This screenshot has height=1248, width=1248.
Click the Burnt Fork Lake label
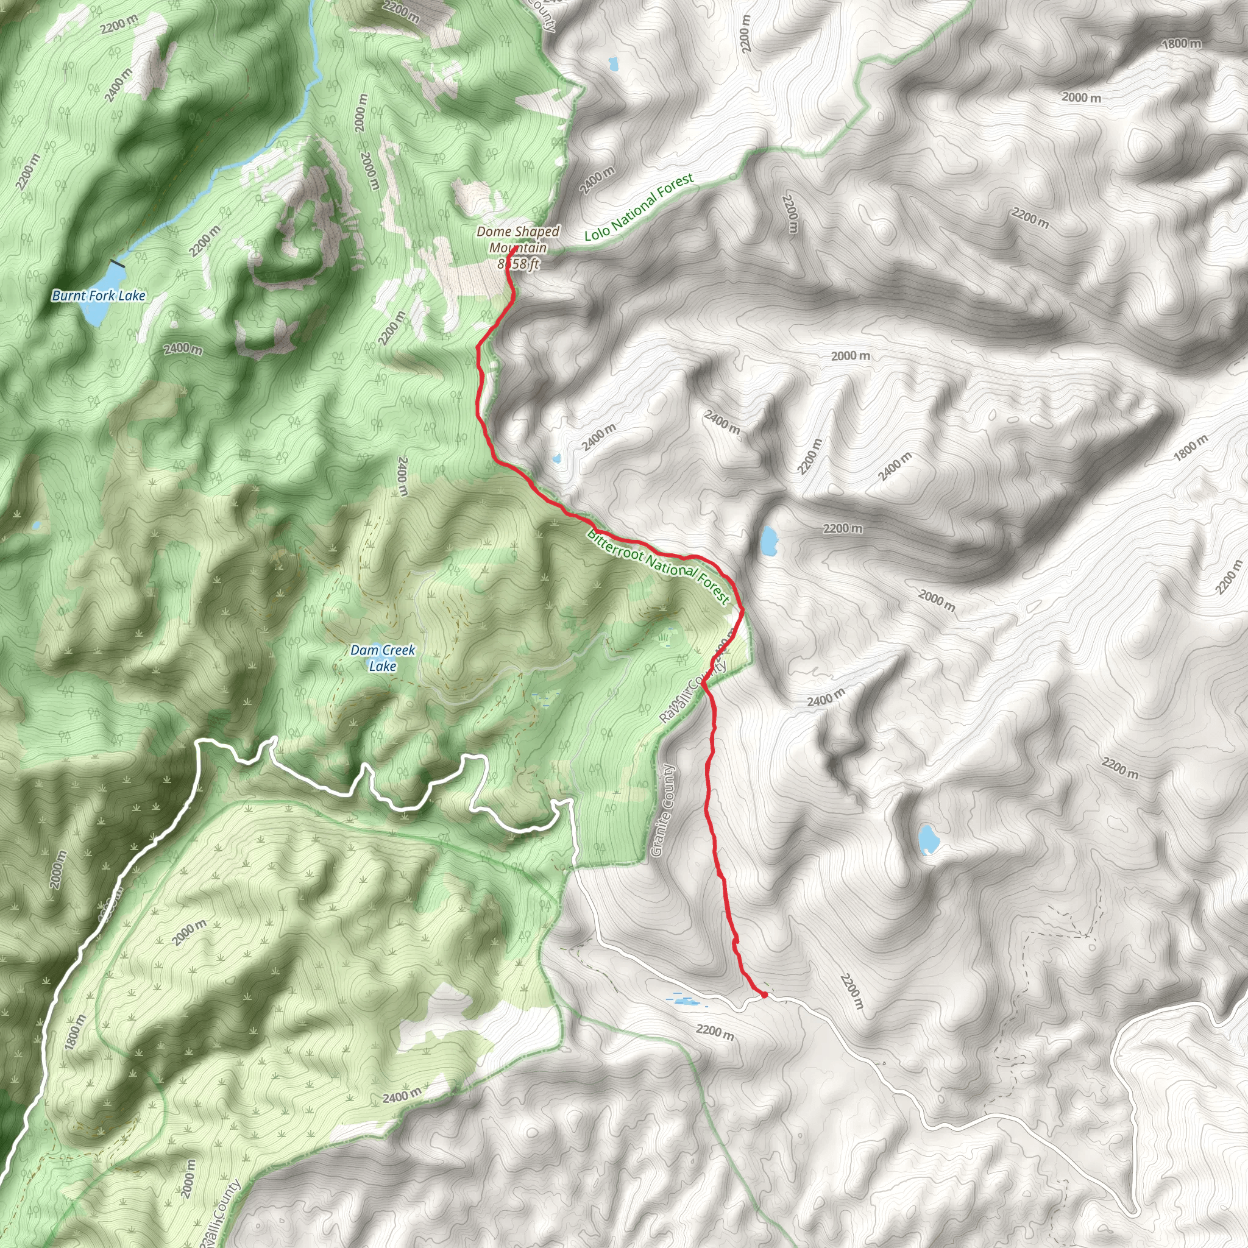99,296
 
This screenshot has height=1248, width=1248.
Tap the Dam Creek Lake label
383,658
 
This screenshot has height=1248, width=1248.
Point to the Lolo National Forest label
638,207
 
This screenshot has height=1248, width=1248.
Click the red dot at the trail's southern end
764,994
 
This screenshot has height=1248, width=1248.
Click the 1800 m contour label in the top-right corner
1182,44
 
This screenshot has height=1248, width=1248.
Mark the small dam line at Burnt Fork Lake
118,263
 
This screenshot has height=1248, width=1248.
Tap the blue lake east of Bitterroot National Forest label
767,541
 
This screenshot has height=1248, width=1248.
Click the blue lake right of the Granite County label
928,839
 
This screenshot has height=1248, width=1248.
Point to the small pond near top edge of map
612,64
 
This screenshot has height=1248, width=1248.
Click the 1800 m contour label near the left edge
76,1031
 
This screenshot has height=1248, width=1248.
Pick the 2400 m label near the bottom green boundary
401,1096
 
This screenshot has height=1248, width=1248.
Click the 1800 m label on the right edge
1190,448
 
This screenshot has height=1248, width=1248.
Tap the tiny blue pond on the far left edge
37,525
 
